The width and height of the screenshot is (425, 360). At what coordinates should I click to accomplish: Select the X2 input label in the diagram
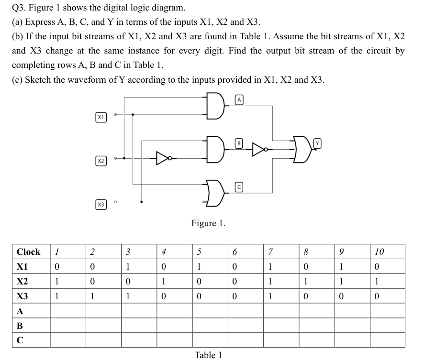[101, 161]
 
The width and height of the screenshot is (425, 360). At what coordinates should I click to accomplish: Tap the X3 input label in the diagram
[101, 205]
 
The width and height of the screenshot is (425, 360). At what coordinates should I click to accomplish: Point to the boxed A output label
[240, 99]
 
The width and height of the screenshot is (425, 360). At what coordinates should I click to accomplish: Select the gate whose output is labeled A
[215, 106]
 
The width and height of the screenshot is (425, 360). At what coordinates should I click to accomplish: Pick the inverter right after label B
[258, 150]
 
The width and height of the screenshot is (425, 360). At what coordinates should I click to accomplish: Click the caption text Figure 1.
[208, 223]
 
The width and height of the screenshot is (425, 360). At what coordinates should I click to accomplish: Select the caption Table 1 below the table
[208, 355]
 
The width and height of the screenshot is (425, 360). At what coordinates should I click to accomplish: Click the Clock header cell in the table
[29, 251]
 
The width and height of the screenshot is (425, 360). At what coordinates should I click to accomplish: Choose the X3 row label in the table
[22, 296]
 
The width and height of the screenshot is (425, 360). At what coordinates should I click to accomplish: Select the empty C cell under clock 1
[68, 340]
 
